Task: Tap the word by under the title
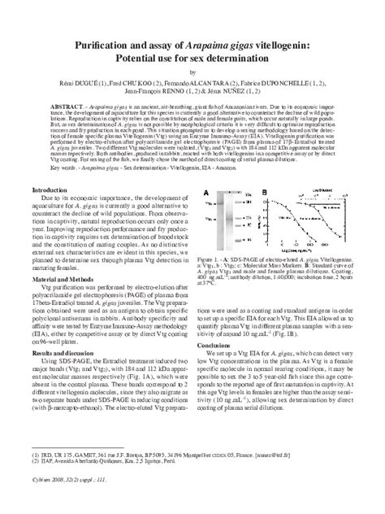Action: (192, 72)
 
